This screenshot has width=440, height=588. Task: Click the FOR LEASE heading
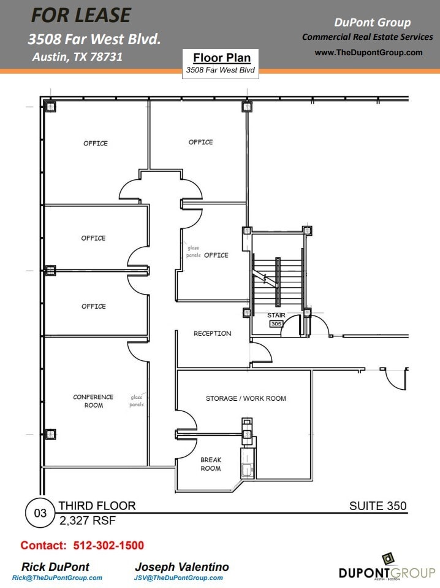coord(81,15)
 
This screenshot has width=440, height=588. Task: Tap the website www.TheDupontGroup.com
coord(368,52)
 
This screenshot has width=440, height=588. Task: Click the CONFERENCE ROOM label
coord(93,401)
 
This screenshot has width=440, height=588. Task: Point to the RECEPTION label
coord(212,333)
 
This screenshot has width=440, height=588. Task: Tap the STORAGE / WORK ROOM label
coord(246,398)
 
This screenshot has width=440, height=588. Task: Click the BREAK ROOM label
coord(211,464)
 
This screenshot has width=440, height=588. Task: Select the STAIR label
coord(276,315)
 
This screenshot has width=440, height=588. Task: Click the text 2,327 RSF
coord(87,520)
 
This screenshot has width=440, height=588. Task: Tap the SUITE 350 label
coord(377,506)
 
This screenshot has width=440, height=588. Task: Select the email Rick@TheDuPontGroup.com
coord(57,578)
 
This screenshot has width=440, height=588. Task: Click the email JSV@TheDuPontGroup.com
coord(178,578)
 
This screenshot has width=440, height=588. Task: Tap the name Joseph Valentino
coord(181,567)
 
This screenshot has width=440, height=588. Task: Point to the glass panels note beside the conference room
coord(137,401)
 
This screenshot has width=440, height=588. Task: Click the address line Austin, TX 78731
coord(77,57)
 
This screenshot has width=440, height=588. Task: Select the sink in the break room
coord(247,470)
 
